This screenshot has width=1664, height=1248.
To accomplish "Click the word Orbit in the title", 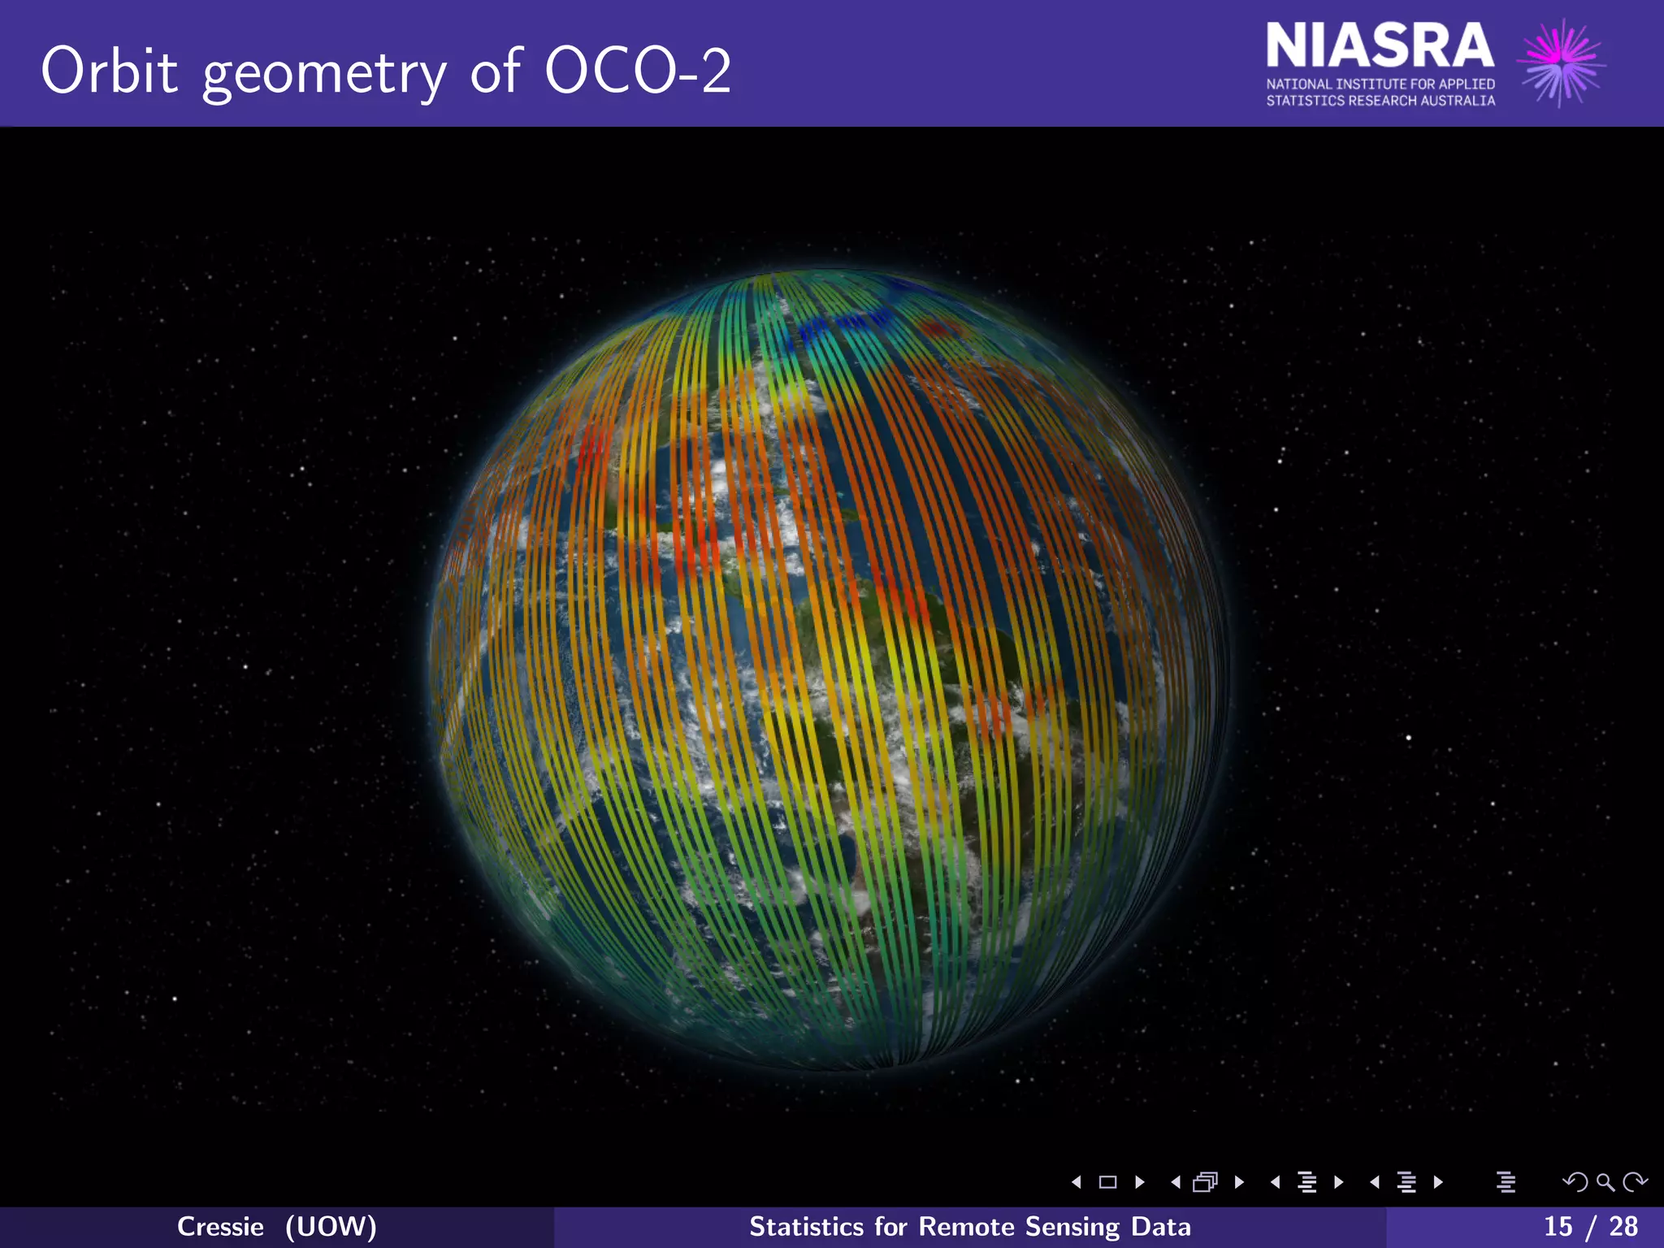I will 109,71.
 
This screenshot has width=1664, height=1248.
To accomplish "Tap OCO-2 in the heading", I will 638,71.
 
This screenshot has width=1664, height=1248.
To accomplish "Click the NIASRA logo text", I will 1380,46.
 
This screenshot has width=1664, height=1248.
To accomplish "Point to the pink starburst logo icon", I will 1560,63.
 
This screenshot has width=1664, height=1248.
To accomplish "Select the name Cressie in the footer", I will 220,1226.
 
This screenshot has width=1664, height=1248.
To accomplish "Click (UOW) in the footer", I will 331,1226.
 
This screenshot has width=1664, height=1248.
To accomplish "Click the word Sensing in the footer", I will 1072,1226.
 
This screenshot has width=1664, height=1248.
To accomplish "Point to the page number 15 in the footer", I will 1558,1226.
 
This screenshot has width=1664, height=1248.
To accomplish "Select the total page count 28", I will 1623,1226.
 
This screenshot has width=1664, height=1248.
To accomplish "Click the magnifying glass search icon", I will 1605,1182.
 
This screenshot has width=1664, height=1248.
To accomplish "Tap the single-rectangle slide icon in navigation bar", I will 1107,1182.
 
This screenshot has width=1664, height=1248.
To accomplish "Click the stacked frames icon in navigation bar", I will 1205,1182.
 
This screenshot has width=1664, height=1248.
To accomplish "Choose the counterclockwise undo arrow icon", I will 1575,1182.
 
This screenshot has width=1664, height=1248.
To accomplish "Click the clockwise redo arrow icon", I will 1634,1182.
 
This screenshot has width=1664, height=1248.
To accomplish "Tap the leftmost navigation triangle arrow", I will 1077,1182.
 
